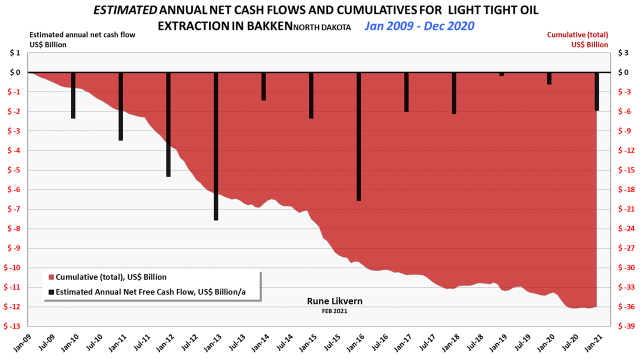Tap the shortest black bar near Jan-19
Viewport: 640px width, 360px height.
coord(501,74)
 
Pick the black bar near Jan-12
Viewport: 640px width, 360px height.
coord(168,124)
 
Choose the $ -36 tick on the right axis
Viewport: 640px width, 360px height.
coord(625,307)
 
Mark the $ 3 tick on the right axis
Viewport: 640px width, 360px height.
coord(623,53)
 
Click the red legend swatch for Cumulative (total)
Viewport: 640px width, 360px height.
coord(51,277)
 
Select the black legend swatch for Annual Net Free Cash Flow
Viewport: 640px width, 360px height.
coord(51,291)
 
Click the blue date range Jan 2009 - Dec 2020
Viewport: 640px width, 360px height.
coord(419,26)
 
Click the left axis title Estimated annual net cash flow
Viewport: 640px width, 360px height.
coord(82,35)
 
